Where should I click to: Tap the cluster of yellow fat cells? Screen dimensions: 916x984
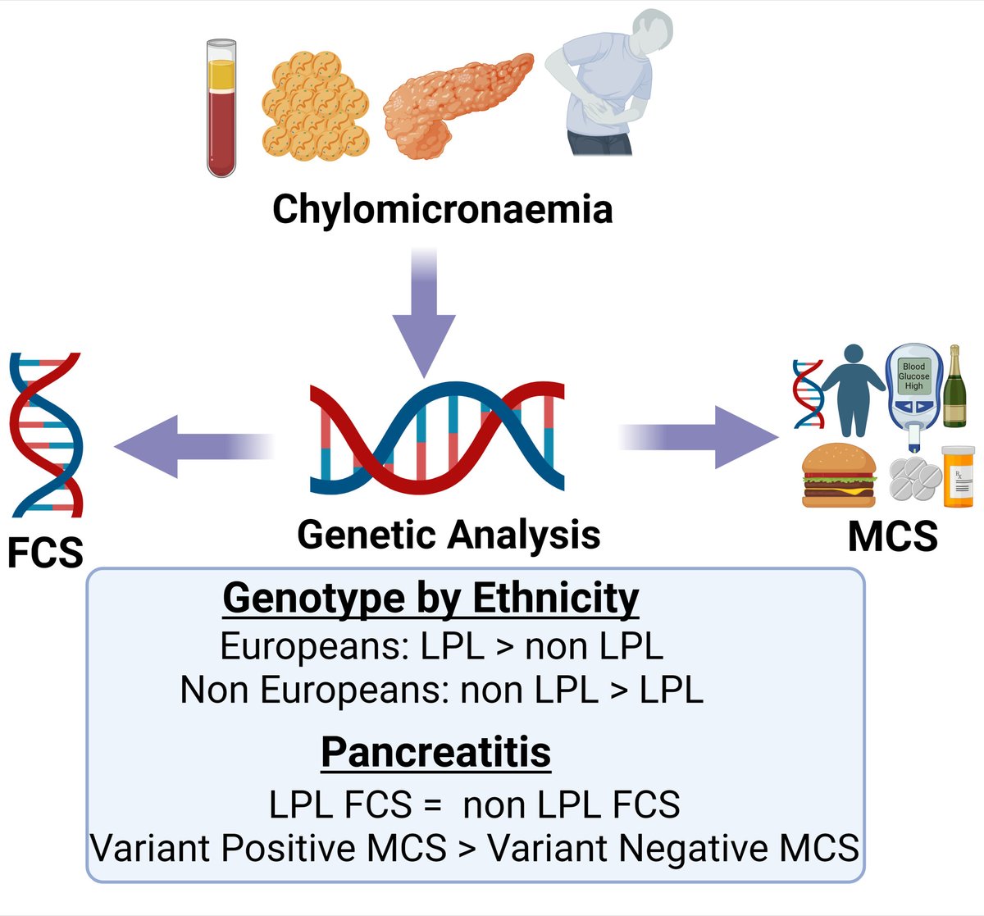coord(316,104)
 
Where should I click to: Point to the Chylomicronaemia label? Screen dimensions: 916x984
coord(442,208)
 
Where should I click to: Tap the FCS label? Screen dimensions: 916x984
coord(45,553)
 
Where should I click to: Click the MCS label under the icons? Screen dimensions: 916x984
coord(892,536)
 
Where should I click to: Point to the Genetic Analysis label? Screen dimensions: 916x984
coord(449,535)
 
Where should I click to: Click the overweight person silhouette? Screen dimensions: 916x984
coord(853,390)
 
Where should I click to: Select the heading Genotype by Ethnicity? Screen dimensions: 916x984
coord(430,598)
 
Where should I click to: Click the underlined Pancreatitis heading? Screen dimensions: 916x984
coord(435,752)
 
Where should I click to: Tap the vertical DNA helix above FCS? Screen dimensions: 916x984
coord(46,435)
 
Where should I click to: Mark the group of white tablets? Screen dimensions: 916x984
coord(914,479)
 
